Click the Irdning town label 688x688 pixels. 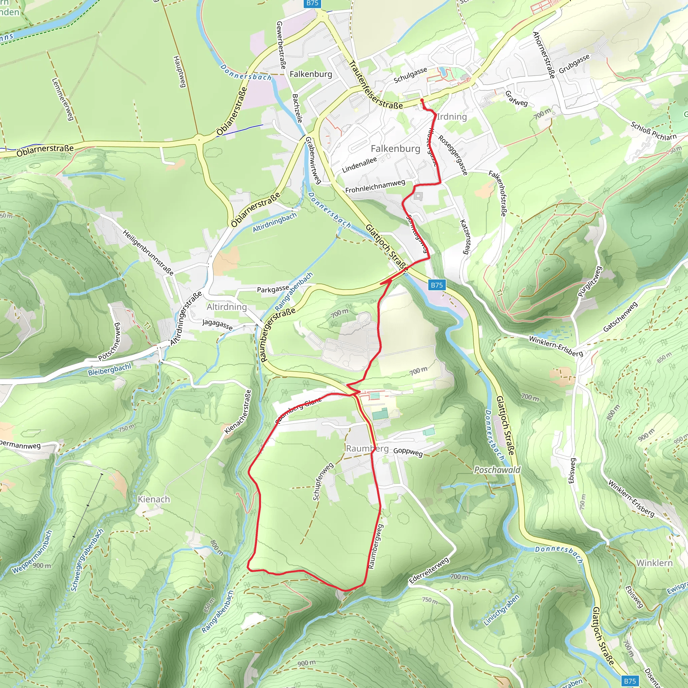tap(451, 117)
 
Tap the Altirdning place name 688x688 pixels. tap(226, 307)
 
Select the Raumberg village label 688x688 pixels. tap(367, 448)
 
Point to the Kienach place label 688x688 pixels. tap(154, 499)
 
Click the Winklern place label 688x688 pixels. tap(654, 563)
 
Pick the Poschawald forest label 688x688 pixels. tap(497, 470)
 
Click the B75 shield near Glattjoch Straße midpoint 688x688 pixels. tap(437, 285)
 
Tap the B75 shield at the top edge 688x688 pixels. tap(312, 3)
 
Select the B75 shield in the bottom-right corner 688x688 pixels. tap(630, 681)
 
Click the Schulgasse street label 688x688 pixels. tap(410, 75)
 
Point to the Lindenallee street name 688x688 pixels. tap(359, 165)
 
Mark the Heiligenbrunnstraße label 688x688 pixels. tap(148, 253)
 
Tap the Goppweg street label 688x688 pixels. tap(408, 452)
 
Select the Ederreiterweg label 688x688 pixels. tap(429, 571)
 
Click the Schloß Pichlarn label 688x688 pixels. tap(653, 131)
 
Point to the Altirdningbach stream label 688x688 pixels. tap(274, 223)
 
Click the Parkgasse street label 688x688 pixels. tap(273, 289)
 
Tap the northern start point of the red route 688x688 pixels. tap(422, 100)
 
